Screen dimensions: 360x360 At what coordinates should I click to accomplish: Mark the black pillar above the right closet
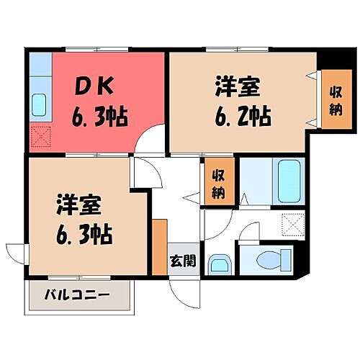click(x=333, y=60)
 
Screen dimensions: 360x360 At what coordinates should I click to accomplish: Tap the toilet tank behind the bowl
click(x=289, y=257)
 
